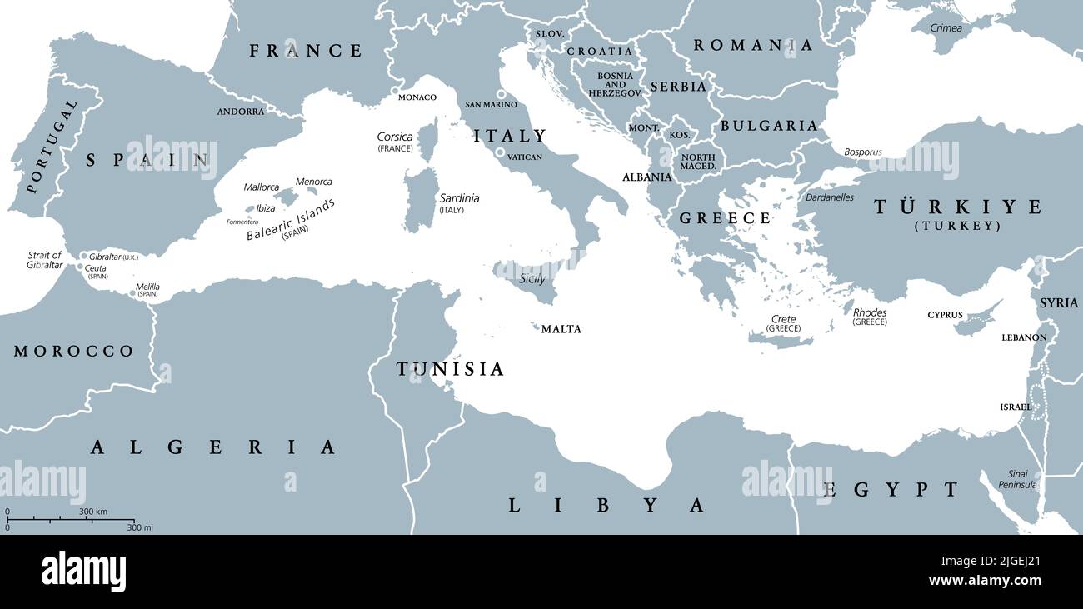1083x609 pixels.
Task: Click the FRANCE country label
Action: pos(306,51)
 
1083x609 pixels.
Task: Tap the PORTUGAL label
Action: pos(52,147)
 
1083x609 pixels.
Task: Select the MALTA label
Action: pos(561,329)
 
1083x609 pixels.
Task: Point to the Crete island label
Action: pos(783,319)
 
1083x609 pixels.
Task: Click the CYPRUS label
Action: pos(945,316)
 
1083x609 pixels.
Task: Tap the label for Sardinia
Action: pos(459,198)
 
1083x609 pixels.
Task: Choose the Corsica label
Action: pos(395,137)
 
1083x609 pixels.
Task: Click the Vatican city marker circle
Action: pos(500,153)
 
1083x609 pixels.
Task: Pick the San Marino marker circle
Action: pos(502,94)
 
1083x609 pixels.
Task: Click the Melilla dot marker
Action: pos(132,292)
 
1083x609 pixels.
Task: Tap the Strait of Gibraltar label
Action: pos(45,260)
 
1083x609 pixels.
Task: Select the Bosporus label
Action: pos(862,152)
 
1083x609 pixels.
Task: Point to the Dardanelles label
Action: pos(829,197)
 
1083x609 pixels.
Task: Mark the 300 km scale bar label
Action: pos(93,512)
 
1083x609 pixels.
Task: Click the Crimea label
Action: pos(946,28)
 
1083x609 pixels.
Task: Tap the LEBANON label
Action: pos(1024,337)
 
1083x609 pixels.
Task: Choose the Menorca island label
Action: pos(313,182)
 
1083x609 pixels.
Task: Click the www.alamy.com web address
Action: pos(985,581)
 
